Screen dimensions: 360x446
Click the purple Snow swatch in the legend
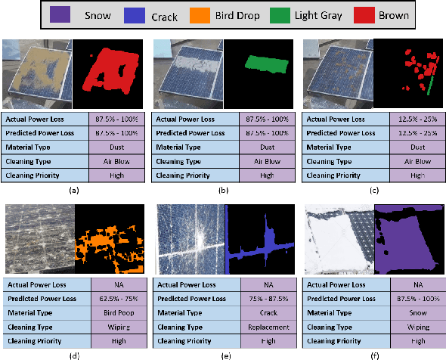coord(60,14)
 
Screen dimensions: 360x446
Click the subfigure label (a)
coord(73,189)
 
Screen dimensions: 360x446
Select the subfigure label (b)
coord(222,189)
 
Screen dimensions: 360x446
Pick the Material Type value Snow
coord(416,313)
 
